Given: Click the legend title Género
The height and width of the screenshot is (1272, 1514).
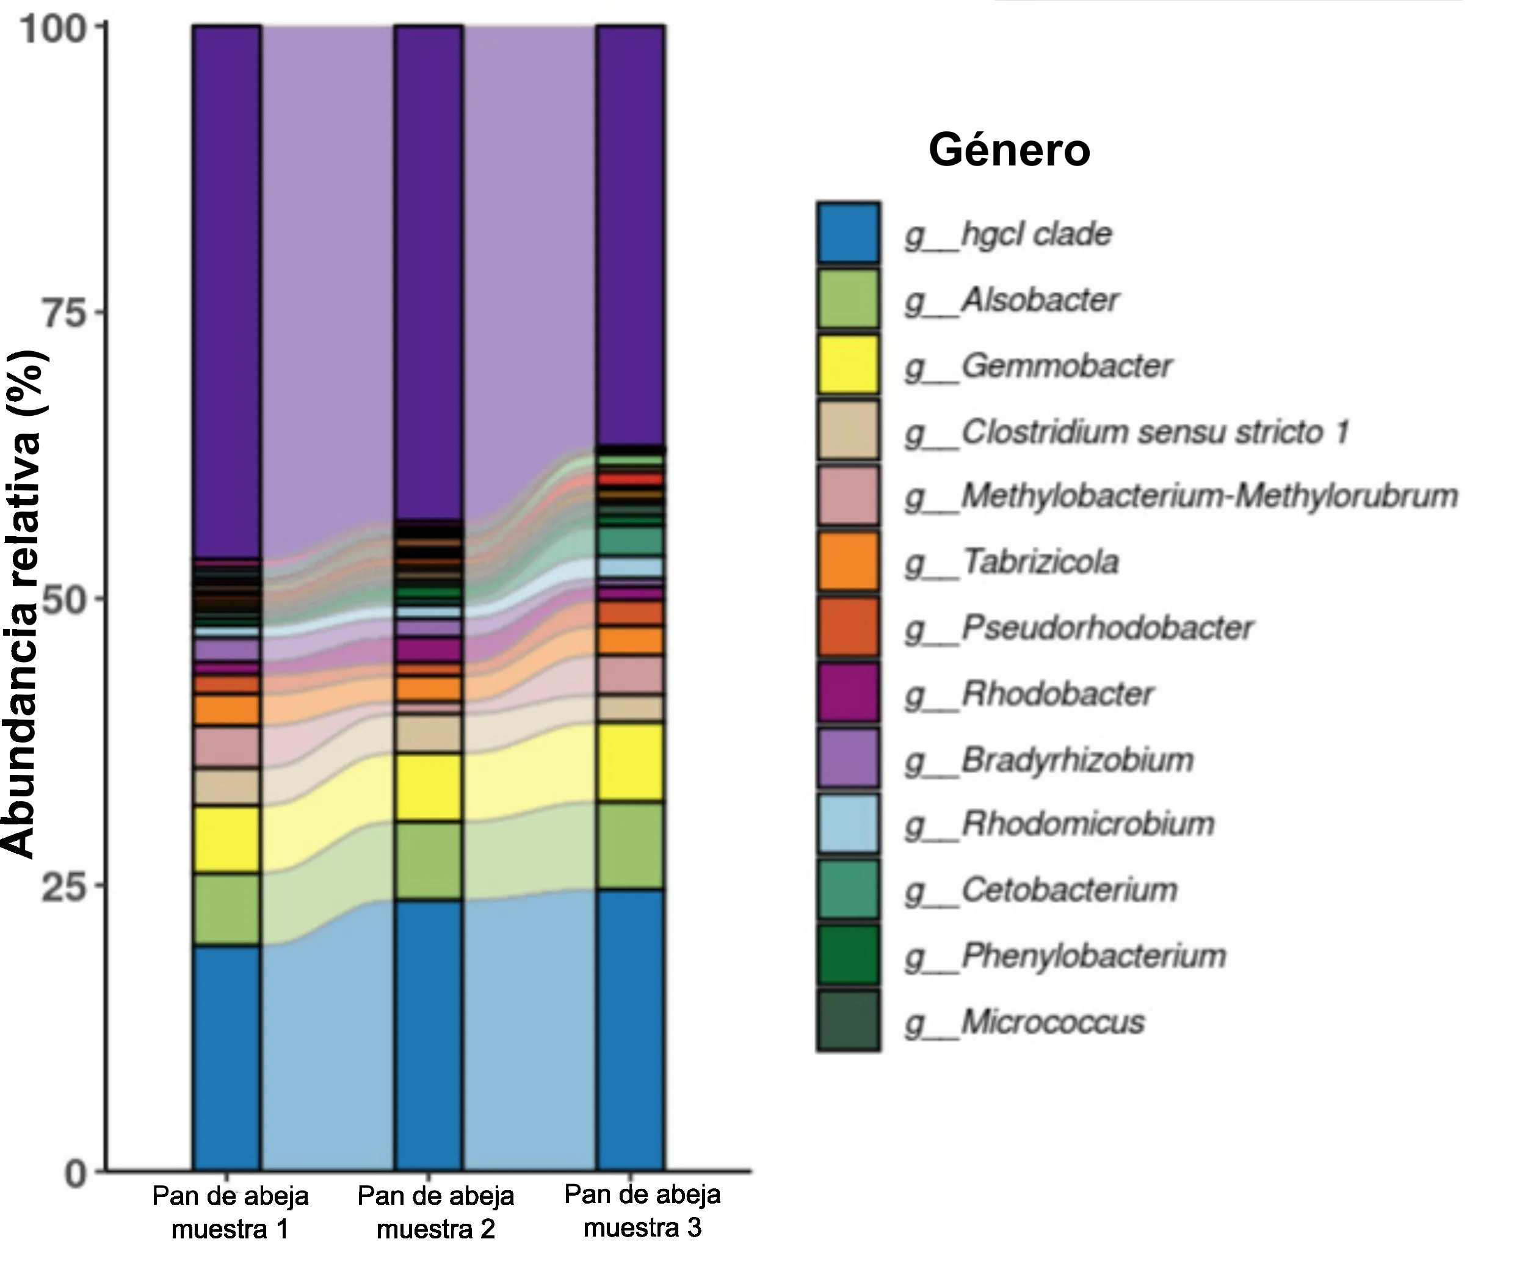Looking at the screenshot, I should pos(1009,150).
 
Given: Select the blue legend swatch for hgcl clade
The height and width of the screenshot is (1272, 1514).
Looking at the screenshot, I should pos(848,232).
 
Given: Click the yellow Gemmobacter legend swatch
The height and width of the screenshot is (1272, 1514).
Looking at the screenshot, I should pos(848,364).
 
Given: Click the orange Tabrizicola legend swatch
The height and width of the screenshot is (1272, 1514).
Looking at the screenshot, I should pos(848,561).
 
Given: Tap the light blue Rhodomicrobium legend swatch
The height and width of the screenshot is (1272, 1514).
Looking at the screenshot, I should pos(848,824).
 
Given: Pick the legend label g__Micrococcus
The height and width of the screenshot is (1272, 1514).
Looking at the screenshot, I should pos(1024,1022).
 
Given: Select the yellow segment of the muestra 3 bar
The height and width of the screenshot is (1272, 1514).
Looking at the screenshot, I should pos(630,761).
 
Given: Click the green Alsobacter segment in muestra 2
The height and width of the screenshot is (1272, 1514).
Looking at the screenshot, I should pos(428,860).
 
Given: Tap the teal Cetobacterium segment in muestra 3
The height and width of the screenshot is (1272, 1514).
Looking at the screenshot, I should pos(630,541).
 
